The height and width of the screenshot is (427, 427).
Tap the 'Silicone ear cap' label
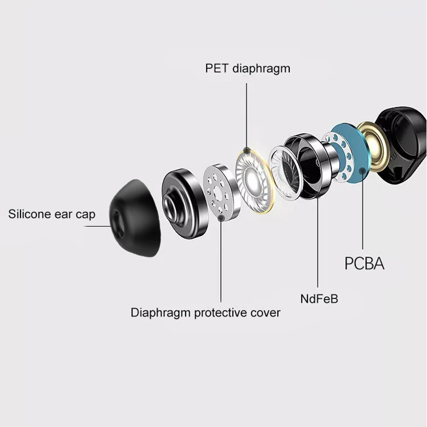pyautogui.click(x=52, y=214)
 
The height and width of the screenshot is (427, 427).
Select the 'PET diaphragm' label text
pyautogui.click(x=247, y=68)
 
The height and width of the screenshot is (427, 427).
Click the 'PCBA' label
pyautogui.click(x=364, y=264)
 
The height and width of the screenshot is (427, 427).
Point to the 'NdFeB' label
pyautogui.click(x=319, y=299)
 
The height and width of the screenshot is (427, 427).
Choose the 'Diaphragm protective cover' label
pyautogui.click(x=205, y=313)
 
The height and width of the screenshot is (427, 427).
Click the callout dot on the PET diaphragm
pyautogui.click(x=247, y=151)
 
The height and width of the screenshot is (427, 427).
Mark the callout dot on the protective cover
pyautogui.click(x=221, y=218)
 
